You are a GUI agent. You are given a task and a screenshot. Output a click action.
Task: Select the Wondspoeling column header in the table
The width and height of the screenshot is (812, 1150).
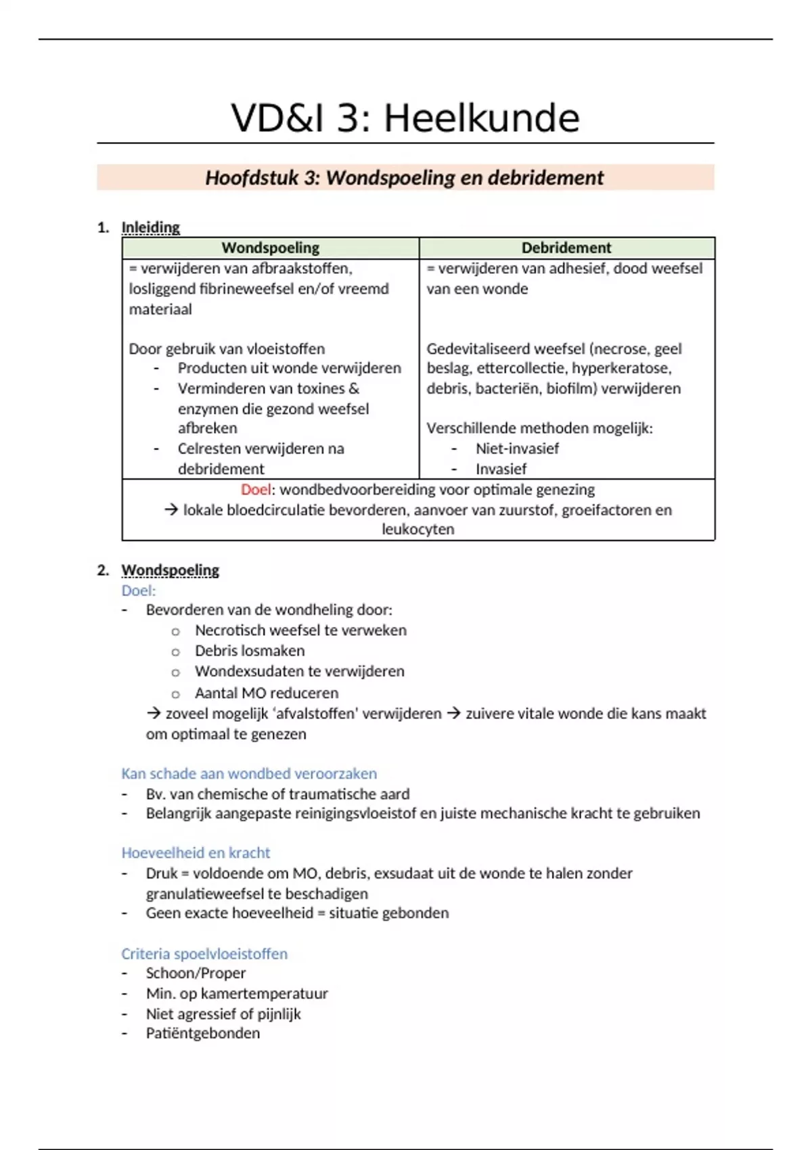[270, 248]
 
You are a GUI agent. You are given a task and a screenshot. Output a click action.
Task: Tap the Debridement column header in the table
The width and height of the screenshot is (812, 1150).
[566, 248]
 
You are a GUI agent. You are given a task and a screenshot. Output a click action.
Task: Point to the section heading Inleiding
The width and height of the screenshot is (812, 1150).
[150, 227]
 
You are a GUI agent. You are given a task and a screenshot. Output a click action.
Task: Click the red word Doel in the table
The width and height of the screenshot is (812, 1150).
[255, 489]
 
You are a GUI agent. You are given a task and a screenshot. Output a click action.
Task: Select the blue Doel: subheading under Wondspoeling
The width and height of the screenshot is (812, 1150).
[138, 591]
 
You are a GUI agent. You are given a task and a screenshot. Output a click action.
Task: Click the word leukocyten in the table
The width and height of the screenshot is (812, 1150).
[418, 529]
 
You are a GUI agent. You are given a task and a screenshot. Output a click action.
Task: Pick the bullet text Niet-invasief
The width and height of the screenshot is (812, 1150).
[517, 448]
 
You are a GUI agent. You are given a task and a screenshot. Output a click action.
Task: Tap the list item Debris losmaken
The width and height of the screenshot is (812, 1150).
[250, 651]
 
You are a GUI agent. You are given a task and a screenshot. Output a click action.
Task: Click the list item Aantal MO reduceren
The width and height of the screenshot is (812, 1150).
[267, 693]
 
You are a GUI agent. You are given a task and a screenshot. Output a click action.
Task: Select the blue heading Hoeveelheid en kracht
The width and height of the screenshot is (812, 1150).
[196, 852]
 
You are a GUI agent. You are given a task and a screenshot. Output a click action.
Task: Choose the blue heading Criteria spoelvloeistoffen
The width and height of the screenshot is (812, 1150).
[204, 954]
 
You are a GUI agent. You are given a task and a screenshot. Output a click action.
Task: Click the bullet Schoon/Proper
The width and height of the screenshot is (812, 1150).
[196, 973]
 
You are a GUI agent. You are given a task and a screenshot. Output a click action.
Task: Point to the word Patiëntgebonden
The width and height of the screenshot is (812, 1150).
[202, 1033]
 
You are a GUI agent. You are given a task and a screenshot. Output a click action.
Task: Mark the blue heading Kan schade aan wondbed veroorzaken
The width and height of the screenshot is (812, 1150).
[249, 773]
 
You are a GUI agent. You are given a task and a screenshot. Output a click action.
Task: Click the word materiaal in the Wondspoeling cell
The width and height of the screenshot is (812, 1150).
[160, 309]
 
